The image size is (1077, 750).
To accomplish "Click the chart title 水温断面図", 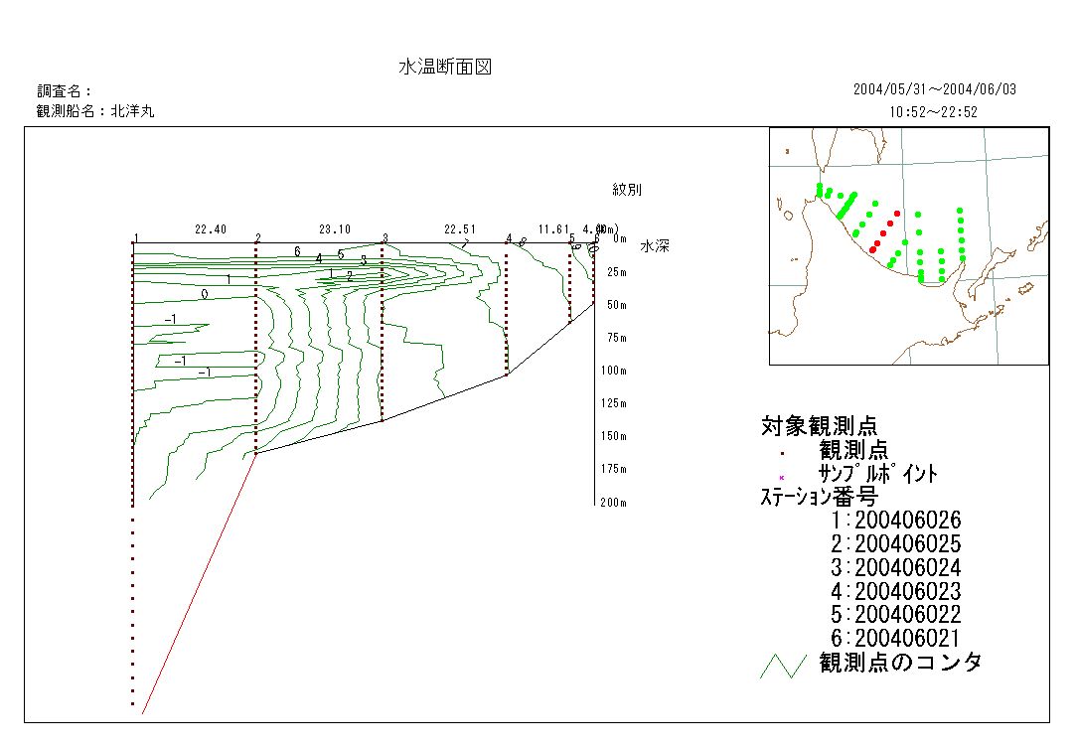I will point(445,68).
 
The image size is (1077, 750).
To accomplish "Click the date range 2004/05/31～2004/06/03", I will point(934,89).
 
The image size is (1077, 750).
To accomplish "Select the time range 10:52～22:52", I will point(934,112).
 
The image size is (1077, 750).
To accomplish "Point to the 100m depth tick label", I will point(611,371).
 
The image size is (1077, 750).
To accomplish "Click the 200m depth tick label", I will point(611,503).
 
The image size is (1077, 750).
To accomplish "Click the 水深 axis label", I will point(655,246).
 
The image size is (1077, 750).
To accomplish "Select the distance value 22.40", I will point(211,229).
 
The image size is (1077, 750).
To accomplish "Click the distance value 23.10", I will point(335,229).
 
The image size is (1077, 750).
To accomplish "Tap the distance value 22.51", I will point(460,229).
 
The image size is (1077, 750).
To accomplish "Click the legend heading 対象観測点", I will point(819,426).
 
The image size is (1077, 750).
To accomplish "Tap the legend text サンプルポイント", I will point(877,474).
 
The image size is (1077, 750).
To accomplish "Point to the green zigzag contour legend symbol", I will point(782,666).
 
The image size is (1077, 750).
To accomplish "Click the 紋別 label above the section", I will point(627,189).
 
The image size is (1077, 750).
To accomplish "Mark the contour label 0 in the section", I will point(205,295).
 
